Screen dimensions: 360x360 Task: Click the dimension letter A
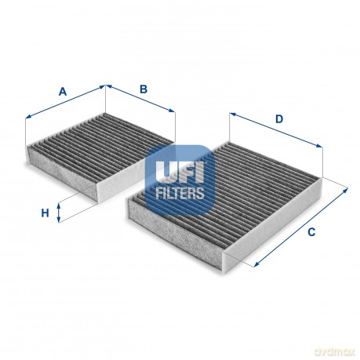[x=62, y=92]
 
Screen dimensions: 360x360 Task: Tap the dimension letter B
[x=144, y=89]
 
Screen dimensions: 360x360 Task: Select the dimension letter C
[x=311, y=232]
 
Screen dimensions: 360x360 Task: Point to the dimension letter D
[x=279, y=119]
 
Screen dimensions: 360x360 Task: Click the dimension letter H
[x=45, y=213]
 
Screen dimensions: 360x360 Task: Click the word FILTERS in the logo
[x=180, y=193]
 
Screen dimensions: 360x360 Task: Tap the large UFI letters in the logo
[x=180, y=172]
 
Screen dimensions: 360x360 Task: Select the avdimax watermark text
[x=335, y=352]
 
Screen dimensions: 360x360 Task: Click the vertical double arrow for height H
[x=59, y=213]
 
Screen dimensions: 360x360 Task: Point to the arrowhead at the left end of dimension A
[x=28, y=117]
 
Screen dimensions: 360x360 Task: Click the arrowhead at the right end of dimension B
[x=172, y=111]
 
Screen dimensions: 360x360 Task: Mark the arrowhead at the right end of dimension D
[x=319, y=146]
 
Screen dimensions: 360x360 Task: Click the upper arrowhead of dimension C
[x=346, y=190]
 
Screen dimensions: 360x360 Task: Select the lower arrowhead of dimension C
[x=256, y=264]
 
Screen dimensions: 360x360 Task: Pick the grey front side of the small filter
[x=62, y=173]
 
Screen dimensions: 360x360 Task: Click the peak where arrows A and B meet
[x=105, y=85]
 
